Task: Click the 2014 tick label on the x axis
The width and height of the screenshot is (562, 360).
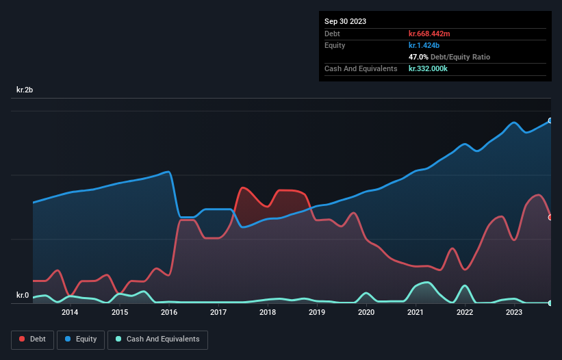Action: (69, 313)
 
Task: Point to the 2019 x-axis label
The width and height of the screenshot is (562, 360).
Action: (317, 313)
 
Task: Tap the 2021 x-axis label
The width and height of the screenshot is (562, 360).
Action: (416, 313)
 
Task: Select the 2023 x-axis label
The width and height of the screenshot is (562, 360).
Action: (514, 313)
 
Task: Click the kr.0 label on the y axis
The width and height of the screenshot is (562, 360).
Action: (23, 296)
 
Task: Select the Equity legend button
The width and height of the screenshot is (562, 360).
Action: (81, 339)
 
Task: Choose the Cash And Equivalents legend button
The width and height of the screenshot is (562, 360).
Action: (157, 339)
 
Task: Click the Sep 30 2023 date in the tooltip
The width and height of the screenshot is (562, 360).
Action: (345, 21)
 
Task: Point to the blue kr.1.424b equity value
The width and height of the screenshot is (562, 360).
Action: (425, 45)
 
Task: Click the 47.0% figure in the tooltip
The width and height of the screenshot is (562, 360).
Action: (418, 57)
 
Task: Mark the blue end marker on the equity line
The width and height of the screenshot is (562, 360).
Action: (550, 120)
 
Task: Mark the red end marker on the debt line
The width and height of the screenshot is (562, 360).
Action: (550, 218)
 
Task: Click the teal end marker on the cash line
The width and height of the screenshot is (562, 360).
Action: (550, 303)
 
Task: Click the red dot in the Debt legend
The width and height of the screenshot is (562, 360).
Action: (23, 339)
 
